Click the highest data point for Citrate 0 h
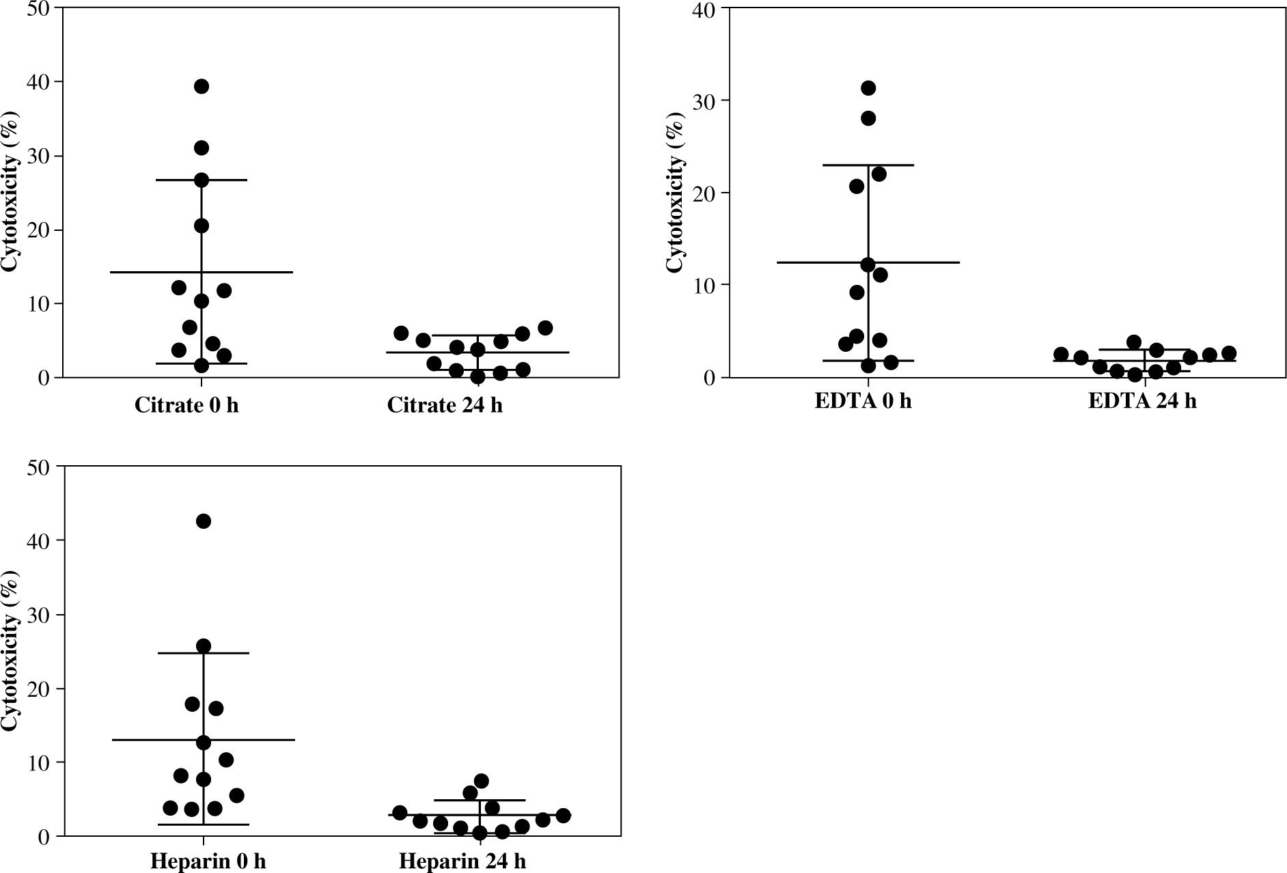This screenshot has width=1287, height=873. tap(202, 86)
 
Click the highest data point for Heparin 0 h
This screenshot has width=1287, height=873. tap(204, 521)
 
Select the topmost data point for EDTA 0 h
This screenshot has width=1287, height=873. tap(868, 88)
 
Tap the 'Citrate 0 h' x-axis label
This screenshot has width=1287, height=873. tap(186, 405)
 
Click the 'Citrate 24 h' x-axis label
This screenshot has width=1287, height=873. tap(445, 405)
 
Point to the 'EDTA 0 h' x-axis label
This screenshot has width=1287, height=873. tap(863, 400)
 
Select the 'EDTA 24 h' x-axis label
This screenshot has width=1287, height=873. tap(1142, 400)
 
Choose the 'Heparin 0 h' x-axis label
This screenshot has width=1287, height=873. tap(208, 861)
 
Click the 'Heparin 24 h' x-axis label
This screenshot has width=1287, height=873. tap(462, 861)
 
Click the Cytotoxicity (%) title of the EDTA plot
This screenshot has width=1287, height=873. tap(675, 193)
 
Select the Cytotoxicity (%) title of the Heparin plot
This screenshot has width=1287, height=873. tap(10, 650)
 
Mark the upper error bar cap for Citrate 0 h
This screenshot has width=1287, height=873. tap(202, 180)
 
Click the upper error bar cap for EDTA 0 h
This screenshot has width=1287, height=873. tap(868, 165)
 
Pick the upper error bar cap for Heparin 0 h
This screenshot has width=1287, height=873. tap(204, 654)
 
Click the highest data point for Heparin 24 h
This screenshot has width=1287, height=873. tap(481, 781)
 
